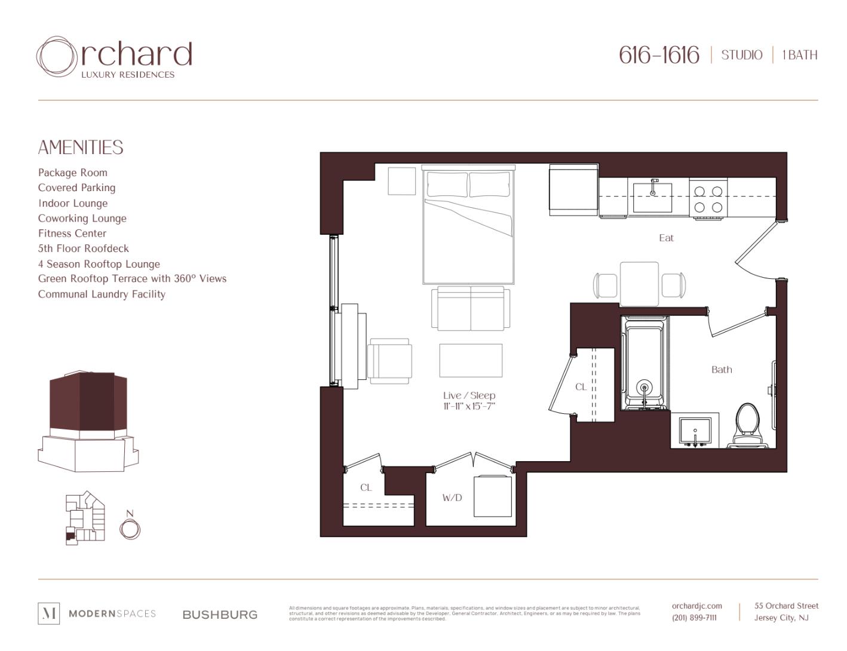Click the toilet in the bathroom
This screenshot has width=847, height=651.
click(747, 425)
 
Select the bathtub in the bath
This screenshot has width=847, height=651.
click(644, 364)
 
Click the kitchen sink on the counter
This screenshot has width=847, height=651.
click(652, 198)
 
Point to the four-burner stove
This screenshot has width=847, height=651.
click(708, 199)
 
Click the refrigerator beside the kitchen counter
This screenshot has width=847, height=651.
click(573, 191)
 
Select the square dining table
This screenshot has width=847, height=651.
click(639, 284)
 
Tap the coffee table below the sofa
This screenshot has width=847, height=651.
click(471, 360)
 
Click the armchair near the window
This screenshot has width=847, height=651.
click(389, 361)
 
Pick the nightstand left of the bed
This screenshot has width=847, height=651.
click(401, 181)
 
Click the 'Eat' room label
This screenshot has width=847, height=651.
click(666, 238)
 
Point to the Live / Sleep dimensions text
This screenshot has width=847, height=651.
click(469, 407)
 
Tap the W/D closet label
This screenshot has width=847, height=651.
click(452, 498)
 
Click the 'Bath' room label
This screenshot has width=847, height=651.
click(721, 370)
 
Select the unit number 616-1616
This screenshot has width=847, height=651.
click(658, 55)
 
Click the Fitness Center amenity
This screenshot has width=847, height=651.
click(72, 234)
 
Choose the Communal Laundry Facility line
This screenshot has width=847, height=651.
click(102, 294)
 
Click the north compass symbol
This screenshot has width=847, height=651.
click(130, 529)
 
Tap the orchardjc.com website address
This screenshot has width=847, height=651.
click(696, 606)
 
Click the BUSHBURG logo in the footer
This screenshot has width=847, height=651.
click(220, 615)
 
